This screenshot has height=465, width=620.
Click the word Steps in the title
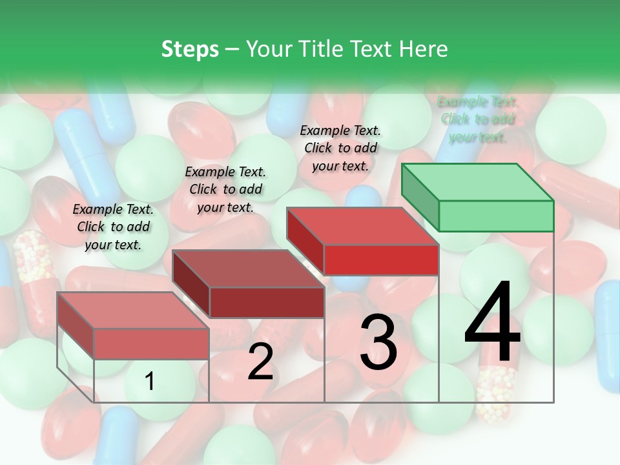(190, 49)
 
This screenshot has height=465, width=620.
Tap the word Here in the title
(424, 49)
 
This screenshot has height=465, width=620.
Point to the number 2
(260, 362)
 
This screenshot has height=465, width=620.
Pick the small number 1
(150, 382)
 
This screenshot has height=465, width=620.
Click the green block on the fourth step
(495, 215)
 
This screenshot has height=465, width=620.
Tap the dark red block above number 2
(266, 302)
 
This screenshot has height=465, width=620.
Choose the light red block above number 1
(150, 343)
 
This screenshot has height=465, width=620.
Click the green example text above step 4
(477, 119)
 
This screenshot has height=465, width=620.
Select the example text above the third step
(340, 148)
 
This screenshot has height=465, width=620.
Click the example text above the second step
(225, 189)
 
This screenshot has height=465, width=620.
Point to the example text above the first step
(113, 227)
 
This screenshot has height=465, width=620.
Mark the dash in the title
(232, 49)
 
